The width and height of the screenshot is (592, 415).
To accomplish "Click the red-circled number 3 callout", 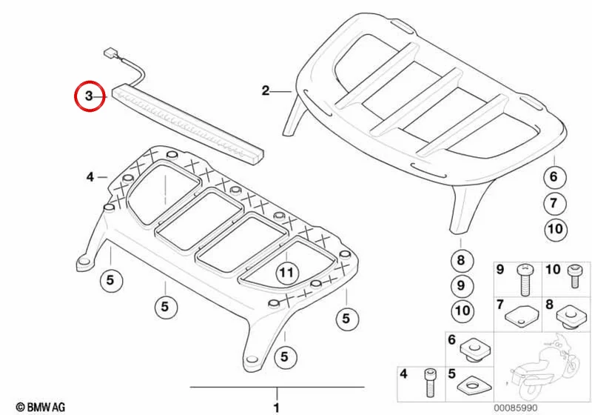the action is (89, 96).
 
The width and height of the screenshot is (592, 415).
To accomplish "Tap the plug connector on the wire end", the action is (110, 52).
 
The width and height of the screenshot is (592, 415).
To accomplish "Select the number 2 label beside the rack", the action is (266, 90).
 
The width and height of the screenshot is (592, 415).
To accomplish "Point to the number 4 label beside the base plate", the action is (90, 176).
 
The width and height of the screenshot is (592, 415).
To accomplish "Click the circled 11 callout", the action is (286, 273).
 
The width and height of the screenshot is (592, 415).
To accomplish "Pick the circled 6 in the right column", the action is (554, 176).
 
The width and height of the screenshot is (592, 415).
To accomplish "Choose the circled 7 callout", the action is (554, 203).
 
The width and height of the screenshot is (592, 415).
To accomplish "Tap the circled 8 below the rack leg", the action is (460, 260).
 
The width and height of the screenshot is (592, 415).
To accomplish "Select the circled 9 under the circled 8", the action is (460, 285).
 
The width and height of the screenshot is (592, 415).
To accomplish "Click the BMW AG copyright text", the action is (41, 407).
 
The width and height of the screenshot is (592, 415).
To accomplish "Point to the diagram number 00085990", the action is (515, 408).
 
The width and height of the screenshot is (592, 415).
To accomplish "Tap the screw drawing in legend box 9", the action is (525, 280).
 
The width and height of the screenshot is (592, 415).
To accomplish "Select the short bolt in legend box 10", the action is (574, 276).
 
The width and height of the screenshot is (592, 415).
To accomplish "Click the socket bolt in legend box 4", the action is (429, 383).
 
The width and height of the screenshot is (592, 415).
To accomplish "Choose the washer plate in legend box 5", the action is (474, 385).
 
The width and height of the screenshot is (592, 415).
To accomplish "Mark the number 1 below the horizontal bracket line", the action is (277, 408).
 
